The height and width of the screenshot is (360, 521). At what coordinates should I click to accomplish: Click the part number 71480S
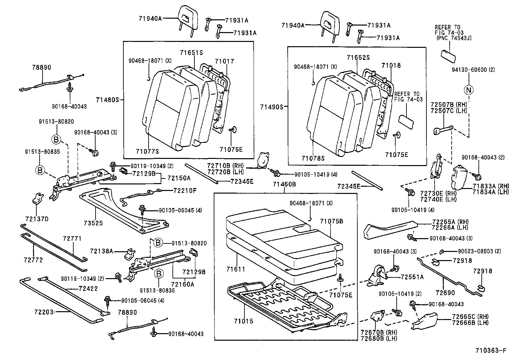107,99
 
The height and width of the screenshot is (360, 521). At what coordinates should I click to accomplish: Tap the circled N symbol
469,89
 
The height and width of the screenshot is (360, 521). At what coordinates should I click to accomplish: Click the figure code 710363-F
491,351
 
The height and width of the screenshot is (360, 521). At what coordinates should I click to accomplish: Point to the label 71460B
284,184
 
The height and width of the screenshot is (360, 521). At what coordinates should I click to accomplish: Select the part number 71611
236,269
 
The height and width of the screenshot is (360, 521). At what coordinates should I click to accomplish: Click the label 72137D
37,218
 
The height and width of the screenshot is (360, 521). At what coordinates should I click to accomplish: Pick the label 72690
445,292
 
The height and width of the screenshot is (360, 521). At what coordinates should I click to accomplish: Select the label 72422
88,289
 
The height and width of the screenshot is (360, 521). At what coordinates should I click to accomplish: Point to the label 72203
43,311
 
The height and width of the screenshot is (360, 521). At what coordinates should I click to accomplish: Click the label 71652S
358,58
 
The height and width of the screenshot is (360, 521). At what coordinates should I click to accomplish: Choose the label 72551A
412,277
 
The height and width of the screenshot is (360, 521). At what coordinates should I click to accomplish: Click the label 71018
391,66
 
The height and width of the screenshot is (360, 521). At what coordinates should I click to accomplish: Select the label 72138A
101,251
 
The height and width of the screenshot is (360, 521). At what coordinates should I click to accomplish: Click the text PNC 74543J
454,38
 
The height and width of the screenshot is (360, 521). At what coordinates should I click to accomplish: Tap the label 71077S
147,151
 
